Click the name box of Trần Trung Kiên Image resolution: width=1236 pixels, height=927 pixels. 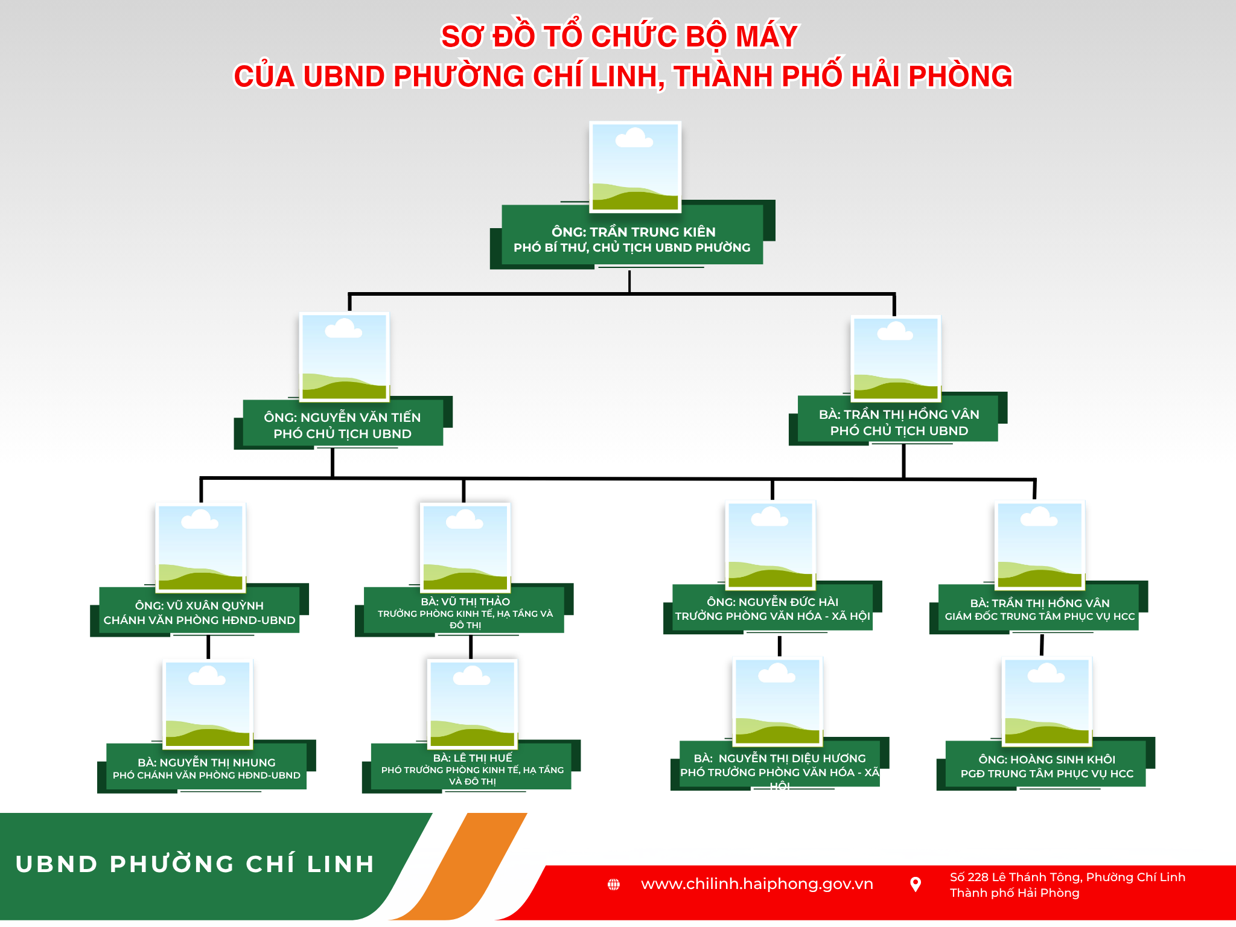coord(632,235)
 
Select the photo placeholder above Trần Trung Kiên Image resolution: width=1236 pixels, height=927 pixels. coord(635,167)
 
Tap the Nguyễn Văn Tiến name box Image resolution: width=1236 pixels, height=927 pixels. coord(343,423)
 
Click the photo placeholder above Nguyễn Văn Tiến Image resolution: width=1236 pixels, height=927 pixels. coord(344,357)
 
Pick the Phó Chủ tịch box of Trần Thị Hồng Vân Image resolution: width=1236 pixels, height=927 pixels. coord(898,419)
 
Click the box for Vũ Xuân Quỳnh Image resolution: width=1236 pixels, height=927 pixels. coord(199,610)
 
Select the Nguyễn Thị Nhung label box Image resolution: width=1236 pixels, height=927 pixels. coord(206,766)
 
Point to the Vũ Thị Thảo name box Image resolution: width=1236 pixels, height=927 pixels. coord(464,610)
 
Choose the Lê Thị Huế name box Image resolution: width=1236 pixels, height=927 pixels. coord(471,766)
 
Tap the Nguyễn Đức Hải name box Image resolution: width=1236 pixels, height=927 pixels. coord(772,608)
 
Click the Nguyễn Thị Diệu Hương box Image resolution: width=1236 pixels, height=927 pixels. coord(780,764)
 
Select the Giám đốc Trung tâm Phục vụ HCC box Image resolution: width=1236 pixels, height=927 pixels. coord(1039,608)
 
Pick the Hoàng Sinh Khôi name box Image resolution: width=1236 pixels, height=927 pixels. coord(1046,764)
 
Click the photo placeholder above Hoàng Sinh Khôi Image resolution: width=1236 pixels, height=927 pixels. coord(1047,702)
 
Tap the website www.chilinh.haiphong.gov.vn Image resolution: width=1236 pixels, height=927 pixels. coord(757,884)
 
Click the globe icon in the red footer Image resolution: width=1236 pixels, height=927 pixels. coord(614,885)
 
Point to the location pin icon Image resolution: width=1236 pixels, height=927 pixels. coord(916,885)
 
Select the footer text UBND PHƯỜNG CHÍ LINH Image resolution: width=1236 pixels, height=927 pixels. coord(195,864)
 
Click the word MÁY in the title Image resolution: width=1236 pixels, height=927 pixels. coord(766,36)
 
